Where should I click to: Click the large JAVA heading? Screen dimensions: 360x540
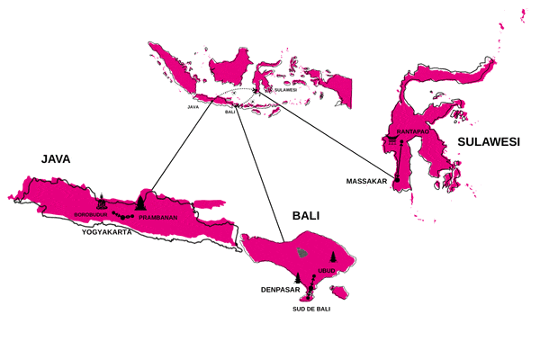[56, 158]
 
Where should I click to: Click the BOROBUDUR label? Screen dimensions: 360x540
[91, 214]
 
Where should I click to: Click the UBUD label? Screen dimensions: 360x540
[327, 270]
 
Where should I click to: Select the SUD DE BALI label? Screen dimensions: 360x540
[311, 310]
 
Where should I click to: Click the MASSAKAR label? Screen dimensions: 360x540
[366, 182]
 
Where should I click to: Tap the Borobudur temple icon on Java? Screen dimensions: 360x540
[102, 202]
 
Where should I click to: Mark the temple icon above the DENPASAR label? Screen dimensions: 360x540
[298, 277]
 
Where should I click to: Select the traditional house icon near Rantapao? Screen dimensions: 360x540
[393, 143]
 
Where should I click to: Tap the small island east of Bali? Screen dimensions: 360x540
[340, 291]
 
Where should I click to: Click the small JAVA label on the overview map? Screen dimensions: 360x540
[193, 106]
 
